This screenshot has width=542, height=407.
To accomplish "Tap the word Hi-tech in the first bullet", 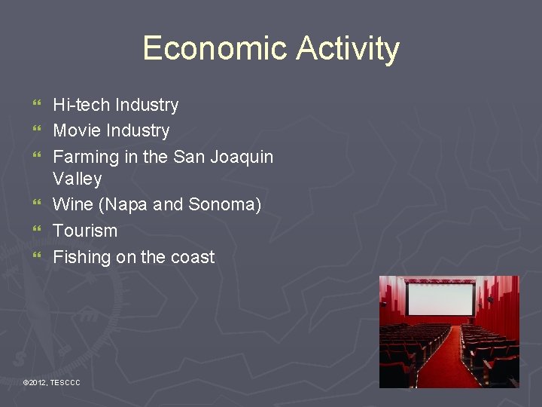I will point(80,105).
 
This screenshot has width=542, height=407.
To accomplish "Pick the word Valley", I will point(77,179).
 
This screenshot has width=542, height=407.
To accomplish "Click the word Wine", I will point(73,204).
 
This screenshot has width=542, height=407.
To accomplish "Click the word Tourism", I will point(85,231).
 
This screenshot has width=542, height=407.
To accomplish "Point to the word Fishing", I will point(81,256).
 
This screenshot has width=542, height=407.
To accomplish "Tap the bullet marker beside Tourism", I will point(38,230).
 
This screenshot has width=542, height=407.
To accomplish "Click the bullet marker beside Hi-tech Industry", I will point(38,104).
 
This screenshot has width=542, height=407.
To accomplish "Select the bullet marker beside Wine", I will point(38,203).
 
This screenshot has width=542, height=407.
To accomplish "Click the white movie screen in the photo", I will point(440,298).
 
